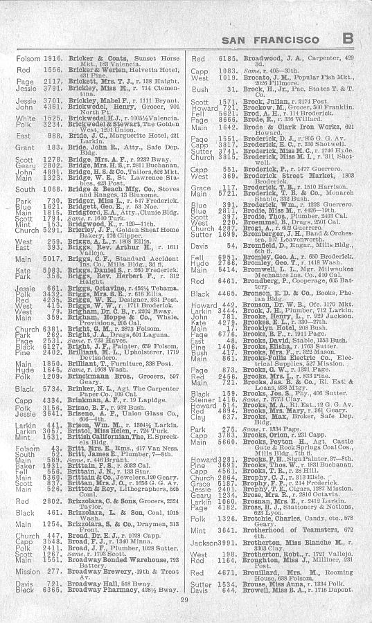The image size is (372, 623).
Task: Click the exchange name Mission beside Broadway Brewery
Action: tap(28, 572)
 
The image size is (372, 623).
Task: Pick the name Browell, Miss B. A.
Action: tap(256, 590)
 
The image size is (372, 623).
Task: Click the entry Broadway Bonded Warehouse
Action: tap(111, 559)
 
